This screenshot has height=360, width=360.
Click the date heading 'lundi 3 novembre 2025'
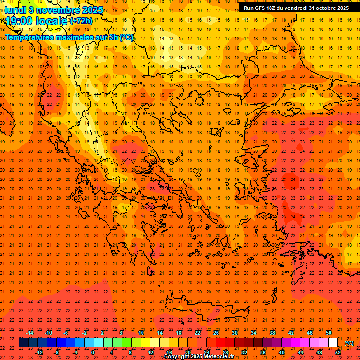54,9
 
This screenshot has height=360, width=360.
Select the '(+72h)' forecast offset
81,21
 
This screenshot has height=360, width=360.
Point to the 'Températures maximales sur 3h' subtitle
69,37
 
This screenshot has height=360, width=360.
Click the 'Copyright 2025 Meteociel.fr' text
199,357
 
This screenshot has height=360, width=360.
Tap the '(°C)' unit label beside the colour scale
349,343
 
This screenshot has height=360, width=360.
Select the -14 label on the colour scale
30,333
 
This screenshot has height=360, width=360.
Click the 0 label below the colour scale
93,352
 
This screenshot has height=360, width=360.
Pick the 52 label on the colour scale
338,352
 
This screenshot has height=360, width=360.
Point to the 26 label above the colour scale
216,333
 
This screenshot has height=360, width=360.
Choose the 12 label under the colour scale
150,352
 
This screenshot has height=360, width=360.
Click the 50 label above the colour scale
328,333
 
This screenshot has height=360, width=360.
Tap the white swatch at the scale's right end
333,343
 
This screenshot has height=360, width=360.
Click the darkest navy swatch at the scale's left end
23,343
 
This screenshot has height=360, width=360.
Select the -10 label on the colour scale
48,333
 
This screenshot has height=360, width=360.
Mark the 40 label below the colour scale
282,352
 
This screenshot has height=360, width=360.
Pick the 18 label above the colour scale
179,333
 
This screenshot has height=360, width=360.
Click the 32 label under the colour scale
244,352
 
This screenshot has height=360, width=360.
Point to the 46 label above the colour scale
310,333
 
